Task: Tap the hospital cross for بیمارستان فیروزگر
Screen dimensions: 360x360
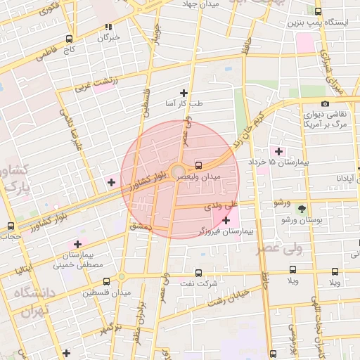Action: tap(226, 221)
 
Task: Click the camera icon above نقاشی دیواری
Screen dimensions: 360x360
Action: tap(324, 104)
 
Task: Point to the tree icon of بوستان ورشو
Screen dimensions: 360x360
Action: tap(302, 209)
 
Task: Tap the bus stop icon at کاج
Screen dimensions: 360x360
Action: tap(69, 39)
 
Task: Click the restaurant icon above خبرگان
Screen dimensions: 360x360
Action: tap(108, 27)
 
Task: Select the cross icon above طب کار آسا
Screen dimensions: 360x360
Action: tap(184, 93)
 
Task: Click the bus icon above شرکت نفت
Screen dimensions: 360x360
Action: tap(198, 272)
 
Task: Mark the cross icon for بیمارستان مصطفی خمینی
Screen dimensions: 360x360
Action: tap(77, 244)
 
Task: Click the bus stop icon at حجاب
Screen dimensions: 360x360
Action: tap(11, 226)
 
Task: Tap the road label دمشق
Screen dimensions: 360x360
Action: tap(141, 226)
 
